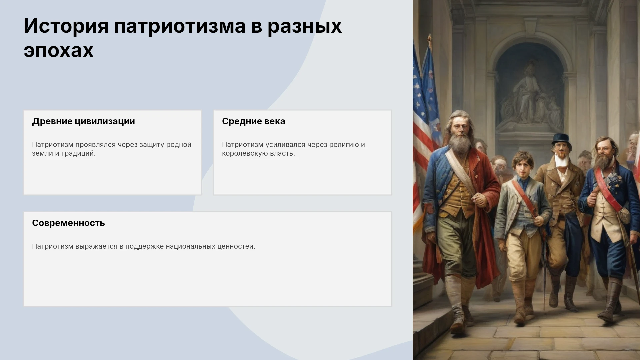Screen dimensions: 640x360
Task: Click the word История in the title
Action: (x=66, y=26)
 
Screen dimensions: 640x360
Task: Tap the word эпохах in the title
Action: (x=59, y=50)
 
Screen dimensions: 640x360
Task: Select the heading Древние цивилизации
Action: (x=83, y=122)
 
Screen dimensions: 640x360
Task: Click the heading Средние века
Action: (x=254, y=122)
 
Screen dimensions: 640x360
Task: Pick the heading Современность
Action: (x=68, y=223)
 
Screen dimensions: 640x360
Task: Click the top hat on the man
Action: (x=561, y=139)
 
